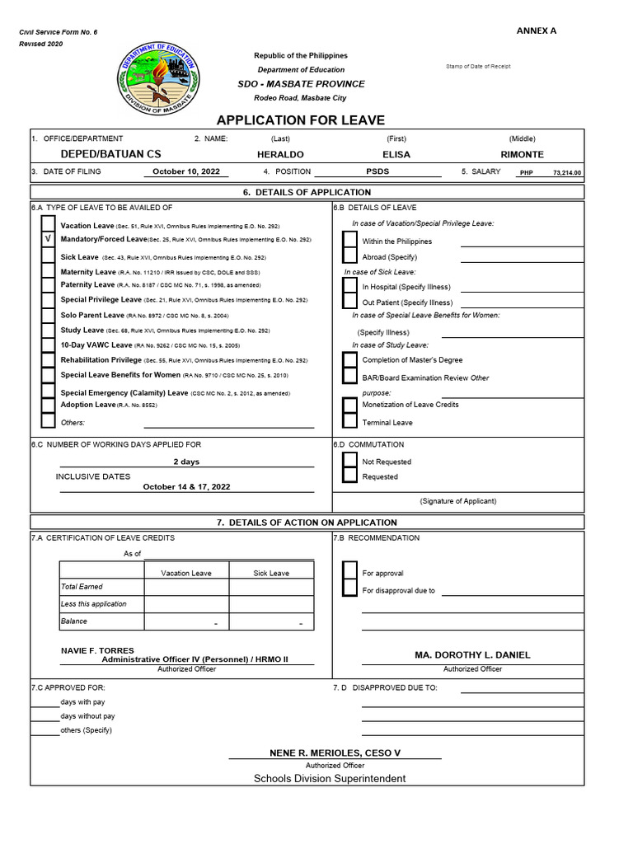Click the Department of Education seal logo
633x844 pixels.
click(x=158, y=80)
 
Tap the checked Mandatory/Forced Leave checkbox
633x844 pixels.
click(x=49, y=239)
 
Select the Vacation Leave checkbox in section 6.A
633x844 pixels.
click(x=49, y=224)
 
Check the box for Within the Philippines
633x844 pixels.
click(x=350, y=241)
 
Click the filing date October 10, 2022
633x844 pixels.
click(x=186, y=172)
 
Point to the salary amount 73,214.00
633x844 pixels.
click(x=566, y=173)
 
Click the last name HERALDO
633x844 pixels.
click(x=280, y=155)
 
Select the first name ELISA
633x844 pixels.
click(x=396, y=155)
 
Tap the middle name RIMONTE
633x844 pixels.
click(x=522, y=155)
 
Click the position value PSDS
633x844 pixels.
click(x=377, y=172)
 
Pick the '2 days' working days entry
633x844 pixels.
click(x=186, y=462)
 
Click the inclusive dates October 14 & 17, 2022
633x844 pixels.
click(x=186, y=487)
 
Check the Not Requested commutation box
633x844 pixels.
click(x=350, y=462)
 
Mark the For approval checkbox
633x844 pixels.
click(x=350, y=573)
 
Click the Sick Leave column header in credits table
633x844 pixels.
click(x=271, y=574)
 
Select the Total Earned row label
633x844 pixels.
click(x=82, y=587)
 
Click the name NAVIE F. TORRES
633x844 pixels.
click(x=97, y=650)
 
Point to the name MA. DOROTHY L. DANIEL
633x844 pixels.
click(x=472, y=655)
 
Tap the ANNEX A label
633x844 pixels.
click(x=537, y=30)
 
